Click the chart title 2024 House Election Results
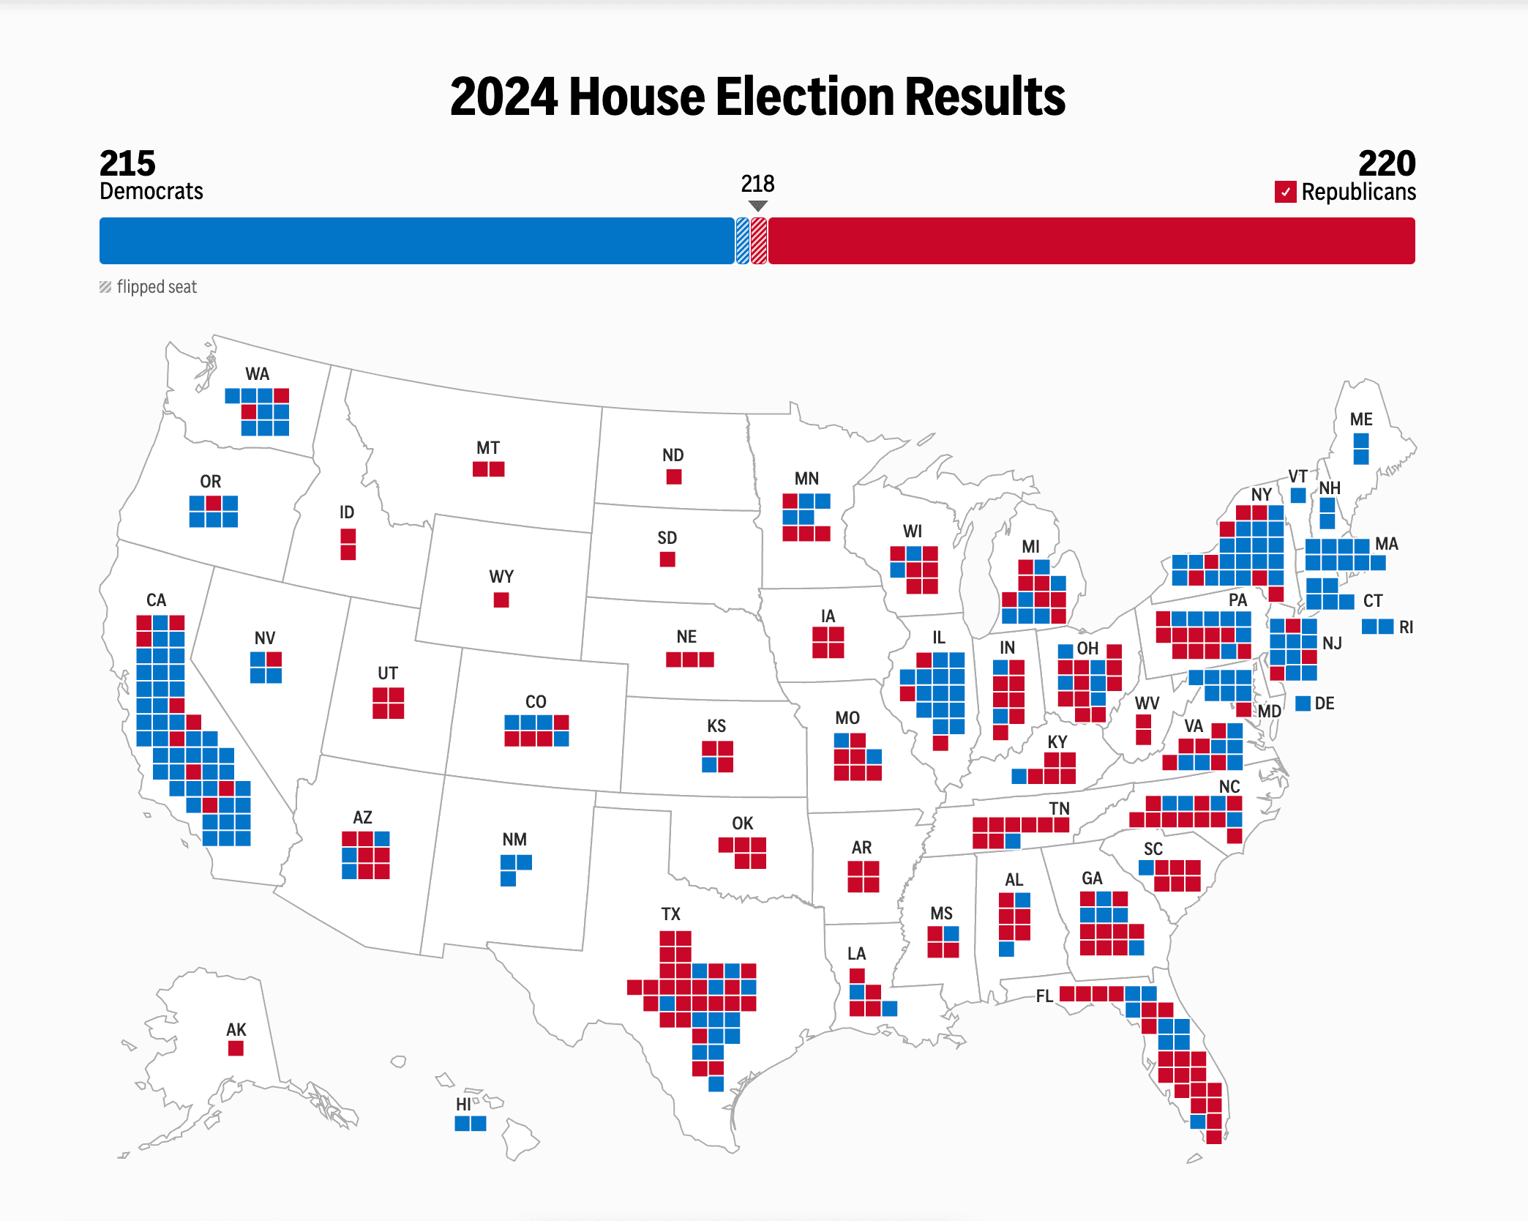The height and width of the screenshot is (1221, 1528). [x=757, y=97]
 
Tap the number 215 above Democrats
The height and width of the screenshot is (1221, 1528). [x=127, y=163]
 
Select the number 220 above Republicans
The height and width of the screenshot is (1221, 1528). [x=1386, y=163]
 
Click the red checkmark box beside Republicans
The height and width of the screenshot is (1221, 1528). [x=1285, y=192]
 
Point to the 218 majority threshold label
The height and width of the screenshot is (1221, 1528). [x=757, y=184]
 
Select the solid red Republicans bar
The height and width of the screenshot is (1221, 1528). [x=1090, y=241]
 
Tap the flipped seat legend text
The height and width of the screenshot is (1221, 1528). [x=157, y=287]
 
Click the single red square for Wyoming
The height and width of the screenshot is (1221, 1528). [x=501, y=600]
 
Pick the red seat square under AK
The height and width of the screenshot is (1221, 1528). [x=236, y=1048]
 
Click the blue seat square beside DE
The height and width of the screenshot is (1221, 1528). [x=1303, y=703]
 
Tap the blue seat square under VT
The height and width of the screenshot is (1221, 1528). [x=1298, y=496]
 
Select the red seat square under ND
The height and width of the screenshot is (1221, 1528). [x=674, y=477]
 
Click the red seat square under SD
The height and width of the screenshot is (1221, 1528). [x=667, y=559]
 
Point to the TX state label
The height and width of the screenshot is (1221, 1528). [x=670, y=914]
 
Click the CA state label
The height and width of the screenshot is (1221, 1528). [x=156, y=600]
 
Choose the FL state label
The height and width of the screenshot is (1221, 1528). [x=1044, y=996]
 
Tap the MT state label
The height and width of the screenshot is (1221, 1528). [x=488, y=448]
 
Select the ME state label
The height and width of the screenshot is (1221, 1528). [x=1361, y=419]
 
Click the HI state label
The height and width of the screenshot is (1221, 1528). [x=463, y=1105]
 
